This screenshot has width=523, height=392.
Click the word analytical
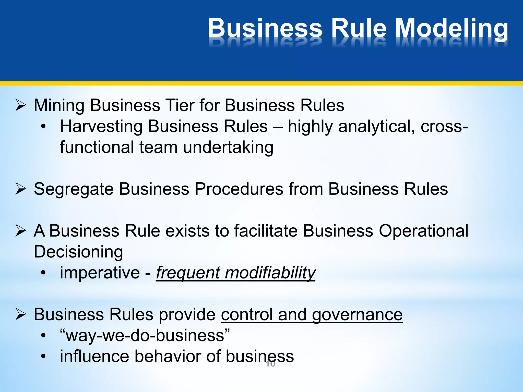(x=376, y=127)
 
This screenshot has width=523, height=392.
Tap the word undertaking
(x=228, y=148)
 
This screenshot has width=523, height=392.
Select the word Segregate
(x=74, y=189)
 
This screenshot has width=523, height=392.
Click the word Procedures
(x=239, y=189)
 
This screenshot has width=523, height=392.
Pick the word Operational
(x=423, y=231)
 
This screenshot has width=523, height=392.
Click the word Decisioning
(x=78, y=252)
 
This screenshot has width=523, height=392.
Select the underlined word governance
(x=357, y=315)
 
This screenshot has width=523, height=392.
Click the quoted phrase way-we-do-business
(x=145, y=336)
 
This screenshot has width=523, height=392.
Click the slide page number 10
(x=270, y=364)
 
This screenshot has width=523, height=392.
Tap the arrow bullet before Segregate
(x=20, y=189)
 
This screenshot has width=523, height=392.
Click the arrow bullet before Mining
(x=20, y=105)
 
